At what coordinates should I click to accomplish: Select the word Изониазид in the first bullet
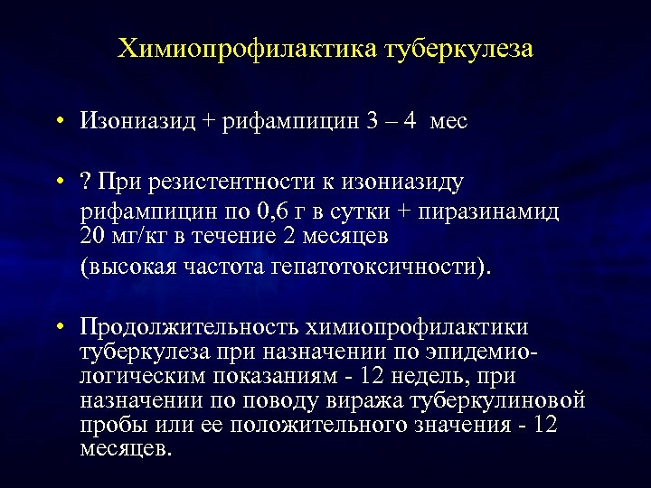tap(138, 120)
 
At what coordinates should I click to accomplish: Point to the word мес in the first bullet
tap(450, 121)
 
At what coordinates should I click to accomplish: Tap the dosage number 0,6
tap(272, 212)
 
